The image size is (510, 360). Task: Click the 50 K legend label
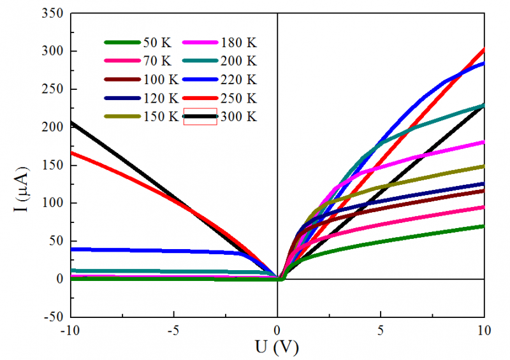(157, 43)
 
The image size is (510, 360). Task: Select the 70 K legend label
(157, 62)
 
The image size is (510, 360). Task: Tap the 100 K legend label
(160, 80)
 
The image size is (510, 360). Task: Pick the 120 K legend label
(160, 99)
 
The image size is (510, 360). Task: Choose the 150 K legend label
(160, 117)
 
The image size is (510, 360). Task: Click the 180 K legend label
(238, 43)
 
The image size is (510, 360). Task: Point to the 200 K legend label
(238, 62)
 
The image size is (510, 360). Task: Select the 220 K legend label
(238, 80)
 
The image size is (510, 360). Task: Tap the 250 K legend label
(238, 99)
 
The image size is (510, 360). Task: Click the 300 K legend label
(238, 117)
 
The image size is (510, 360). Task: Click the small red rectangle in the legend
(200, 117)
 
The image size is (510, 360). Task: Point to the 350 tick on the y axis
(52, 13)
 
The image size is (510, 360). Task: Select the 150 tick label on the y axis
(52, 166)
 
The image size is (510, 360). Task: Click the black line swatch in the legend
(200, 117)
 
